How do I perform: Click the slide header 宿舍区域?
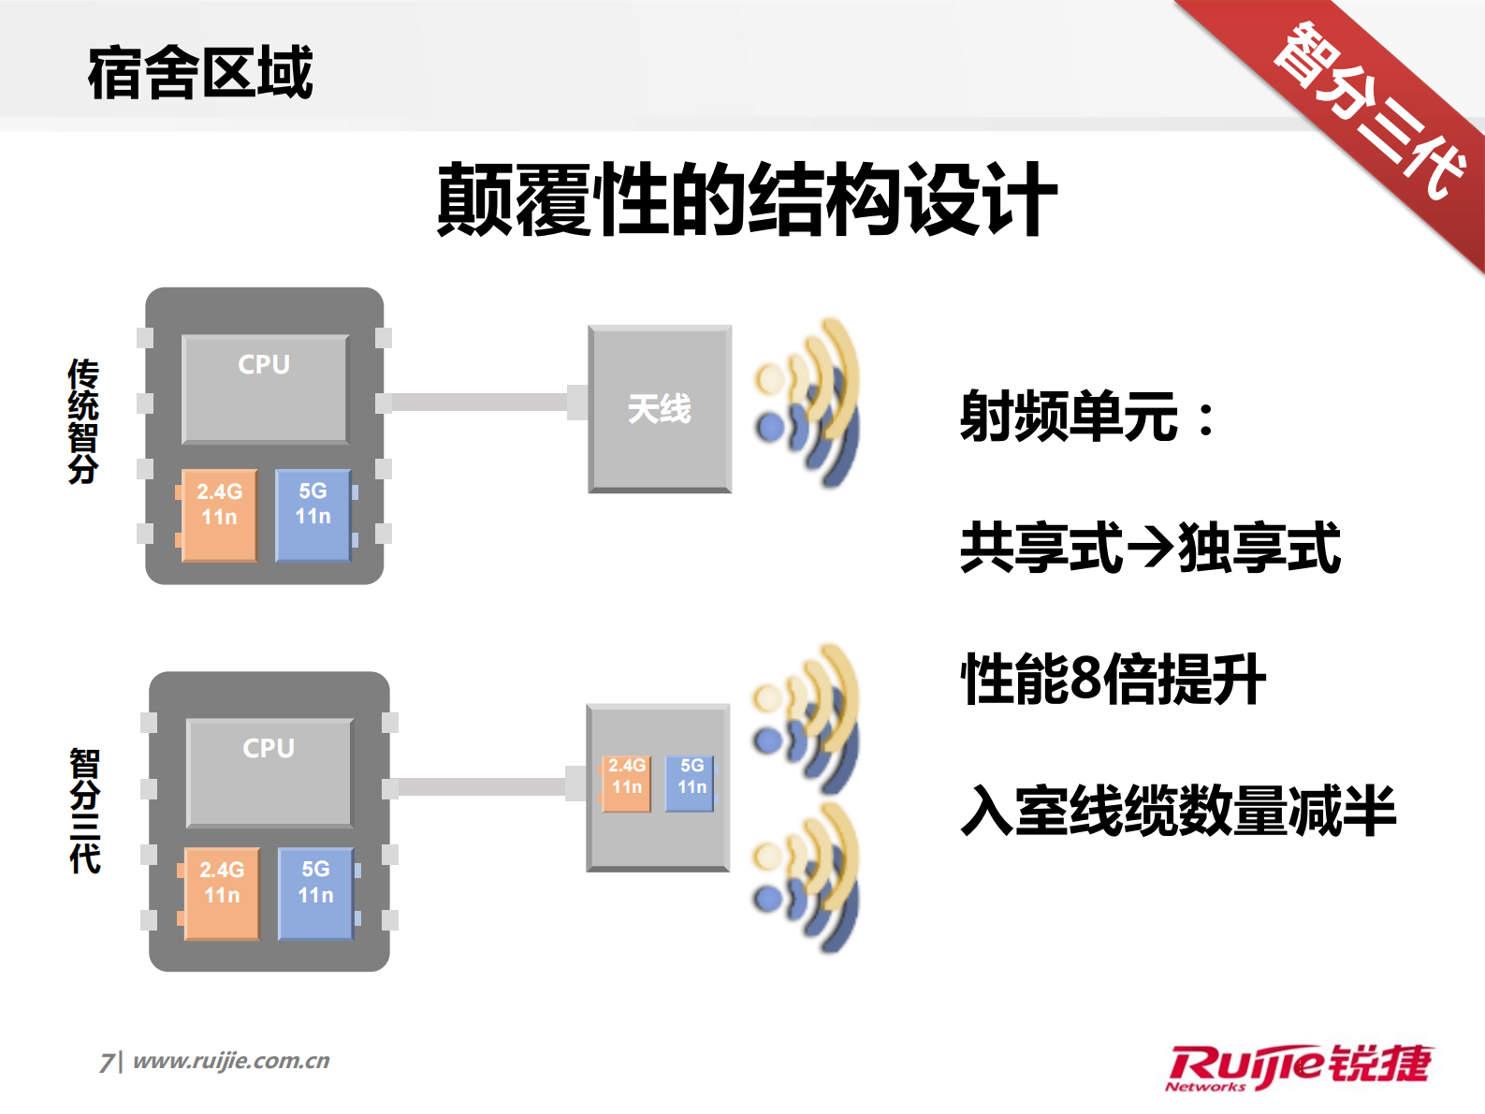[x=200, y=73]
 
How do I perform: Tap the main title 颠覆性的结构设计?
[x=747, y=199]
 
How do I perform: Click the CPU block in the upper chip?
[x=265, y=388]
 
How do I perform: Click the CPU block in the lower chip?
[x=269, y=772]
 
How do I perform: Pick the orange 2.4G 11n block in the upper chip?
[x=219, y=515]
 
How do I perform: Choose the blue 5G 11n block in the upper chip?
[x=313, y=515]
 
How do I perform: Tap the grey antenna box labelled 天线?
[x=660, y=409]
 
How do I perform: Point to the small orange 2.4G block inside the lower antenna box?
[x=626, y=784]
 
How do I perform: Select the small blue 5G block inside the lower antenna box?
[x=691, y=784]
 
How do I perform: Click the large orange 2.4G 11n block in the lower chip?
[x=222, y=893]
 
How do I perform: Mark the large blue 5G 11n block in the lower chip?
[x=316, y=893]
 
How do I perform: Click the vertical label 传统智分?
[x=83, y=421]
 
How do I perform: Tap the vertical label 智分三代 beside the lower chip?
[x=85, y=811]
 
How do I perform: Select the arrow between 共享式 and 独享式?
[x=1150, y=549]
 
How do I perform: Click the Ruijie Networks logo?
[x=1299, y=1067]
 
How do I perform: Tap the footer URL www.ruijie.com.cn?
[x=231, y=1061]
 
